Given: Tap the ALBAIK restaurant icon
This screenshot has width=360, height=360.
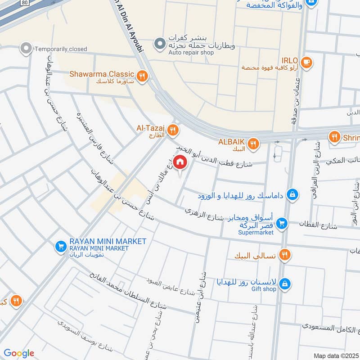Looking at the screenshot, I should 253,144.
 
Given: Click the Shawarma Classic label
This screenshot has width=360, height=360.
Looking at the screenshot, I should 102,74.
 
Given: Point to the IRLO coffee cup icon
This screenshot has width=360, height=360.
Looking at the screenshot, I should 306,62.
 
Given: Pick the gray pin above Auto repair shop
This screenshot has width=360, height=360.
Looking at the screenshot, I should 159,44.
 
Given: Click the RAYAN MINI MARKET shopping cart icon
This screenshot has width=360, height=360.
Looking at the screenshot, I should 61,246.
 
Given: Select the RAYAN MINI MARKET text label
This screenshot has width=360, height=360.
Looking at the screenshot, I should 108,242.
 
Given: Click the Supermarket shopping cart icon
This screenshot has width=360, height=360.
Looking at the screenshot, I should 282,223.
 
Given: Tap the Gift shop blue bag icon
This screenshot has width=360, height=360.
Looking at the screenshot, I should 284,284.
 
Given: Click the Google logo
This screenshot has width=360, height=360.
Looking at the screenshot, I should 19,353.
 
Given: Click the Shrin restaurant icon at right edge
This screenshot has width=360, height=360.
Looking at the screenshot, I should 334,136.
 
